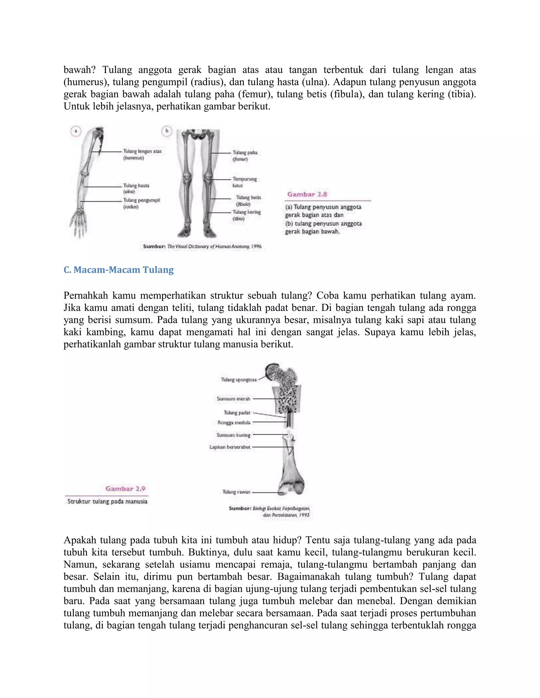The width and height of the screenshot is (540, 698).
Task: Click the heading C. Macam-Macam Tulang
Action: coord(119,270)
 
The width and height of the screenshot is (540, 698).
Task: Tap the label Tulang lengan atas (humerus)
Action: coord(142,154)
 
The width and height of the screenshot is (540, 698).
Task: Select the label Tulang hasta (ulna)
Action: coord(136,188)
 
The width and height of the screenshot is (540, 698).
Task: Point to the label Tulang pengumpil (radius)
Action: coord(141,203)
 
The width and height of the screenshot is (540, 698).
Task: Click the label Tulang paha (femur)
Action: coord(244,156)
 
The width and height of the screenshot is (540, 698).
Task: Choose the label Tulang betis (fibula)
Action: coord(248,200)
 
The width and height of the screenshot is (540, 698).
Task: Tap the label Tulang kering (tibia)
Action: coord(246,215)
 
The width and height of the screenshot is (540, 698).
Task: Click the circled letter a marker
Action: coord(76,131)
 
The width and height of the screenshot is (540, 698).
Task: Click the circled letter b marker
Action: coord(167,131)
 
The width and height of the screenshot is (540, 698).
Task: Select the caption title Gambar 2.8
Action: coord(307,194)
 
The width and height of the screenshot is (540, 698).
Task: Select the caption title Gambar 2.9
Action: coord(126,489)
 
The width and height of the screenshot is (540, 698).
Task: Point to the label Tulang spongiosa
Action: coord(239,380)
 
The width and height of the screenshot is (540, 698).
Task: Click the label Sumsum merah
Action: coord(233,399)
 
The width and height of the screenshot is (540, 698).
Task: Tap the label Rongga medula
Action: coord(234,422)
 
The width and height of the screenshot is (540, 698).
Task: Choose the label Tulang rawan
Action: coord(236,492)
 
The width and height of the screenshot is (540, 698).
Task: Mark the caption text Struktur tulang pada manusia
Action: coord(108,502)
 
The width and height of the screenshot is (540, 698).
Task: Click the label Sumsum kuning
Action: coord(234,435)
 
